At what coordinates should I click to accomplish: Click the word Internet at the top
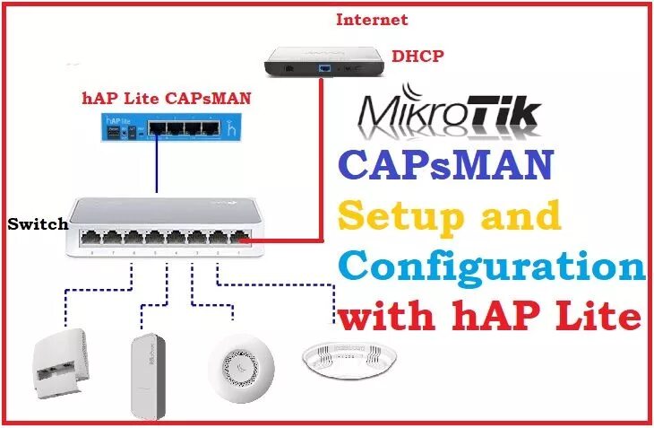click(x=371, y=19)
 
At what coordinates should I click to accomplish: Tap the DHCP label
click(x=418, y=56)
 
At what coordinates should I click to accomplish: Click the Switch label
click(x=38, y=224)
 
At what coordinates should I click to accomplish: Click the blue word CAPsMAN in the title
click(x=446, y=166)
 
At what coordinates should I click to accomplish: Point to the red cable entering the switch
click(x=287, y=240)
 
